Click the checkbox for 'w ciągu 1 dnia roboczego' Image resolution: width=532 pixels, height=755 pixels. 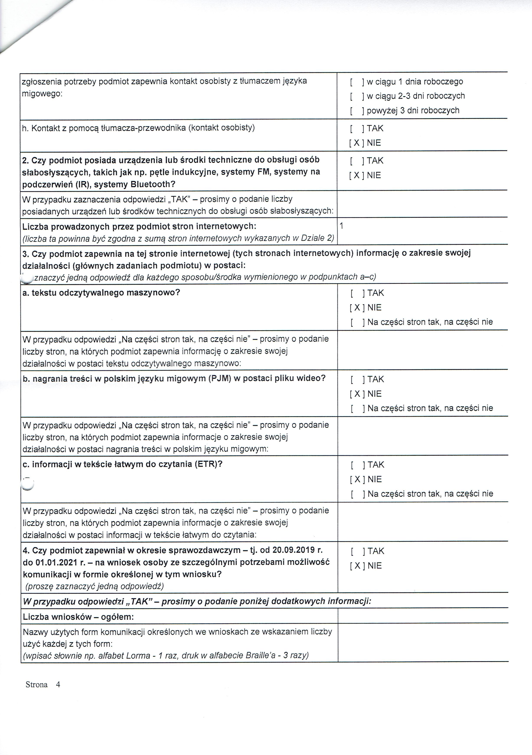pos(356,81)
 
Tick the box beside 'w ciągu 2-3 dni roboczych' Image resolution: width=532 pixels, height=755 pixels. pos(356,96)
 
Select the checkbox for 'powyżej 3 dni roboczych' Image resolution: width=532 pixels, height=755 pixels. pos(356,111)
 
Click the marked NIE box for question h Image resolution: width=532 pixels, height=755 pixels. pos(356,143)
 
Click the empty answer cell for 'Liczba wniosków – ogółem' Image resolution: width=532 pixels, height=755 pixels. pos(423,617)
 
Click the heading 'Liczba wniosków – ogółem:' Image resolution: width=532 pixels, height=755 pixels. pos(78,617)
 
